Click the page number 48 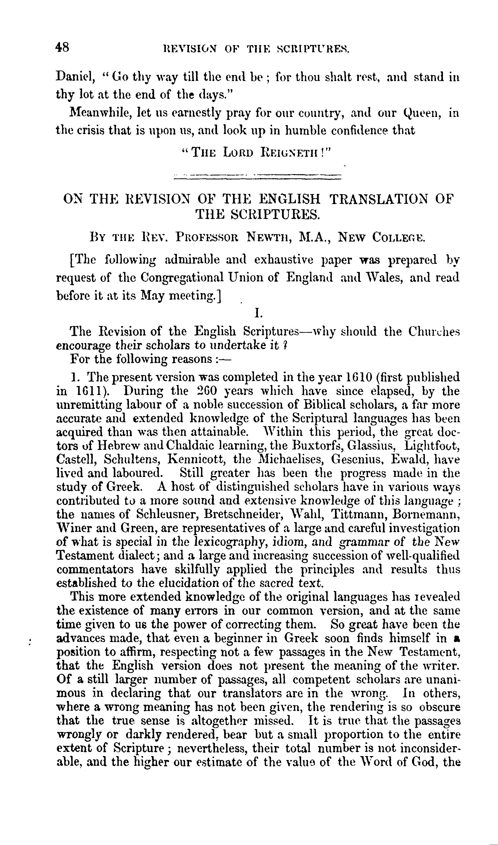click(63, 48)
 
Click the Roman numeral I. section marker click(257, 314)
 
